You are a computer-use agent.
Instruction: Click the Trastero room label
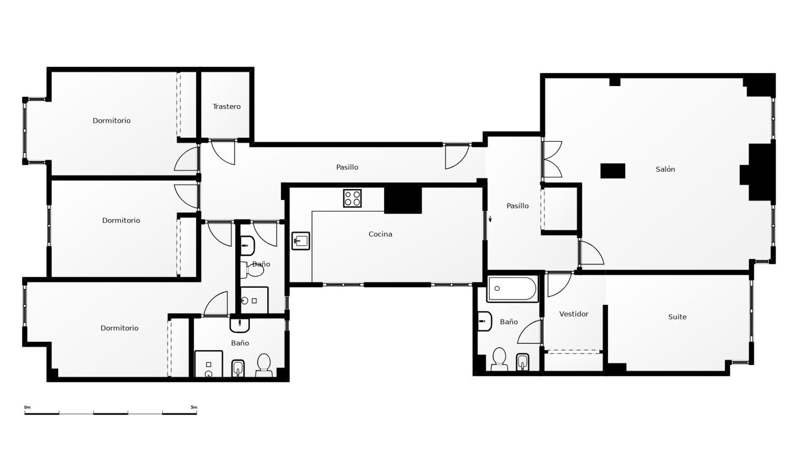click(x=227, y=106)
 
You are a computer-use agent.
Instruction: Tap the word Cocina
click(x=380, y=234)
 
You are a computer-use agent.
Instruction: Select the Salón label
click(x=665, y=169)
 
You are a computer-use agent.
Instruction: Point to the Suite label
click(x=677, y=317)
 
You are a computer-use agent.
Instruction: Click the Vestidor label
click(x=574, y=314)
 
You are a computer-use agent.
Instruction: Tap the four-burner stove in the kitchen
click(x=352, y=198)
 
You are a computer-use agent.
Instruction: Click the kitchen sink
click(x=301, y=241)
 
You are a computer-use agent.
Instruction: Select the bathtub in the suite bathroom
click(x=513, y=289)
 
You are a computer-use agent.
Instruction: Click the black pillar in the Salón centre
click(x=613, y=171)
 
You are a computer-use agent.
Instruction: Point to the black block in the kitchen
click(x=403, y=199)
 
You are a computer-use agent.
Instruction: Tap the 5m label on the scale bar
click(x=194, y=407)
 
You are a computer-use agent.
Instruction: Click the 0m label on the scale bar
click(x=27, y=407)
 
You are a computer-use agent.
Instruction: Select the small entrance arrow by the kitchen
click(x=490, y=219)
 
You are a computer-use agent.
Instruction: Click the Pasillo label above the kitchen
click(x=347, y=167)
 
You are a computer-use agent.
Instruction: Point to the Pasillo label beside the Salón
click(x=517, y=206)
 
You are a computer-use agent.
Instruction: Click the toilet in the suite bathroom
click(x=499, y=359)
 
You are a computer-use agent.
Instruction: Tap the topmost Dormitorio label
click(x=112, y=121)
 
